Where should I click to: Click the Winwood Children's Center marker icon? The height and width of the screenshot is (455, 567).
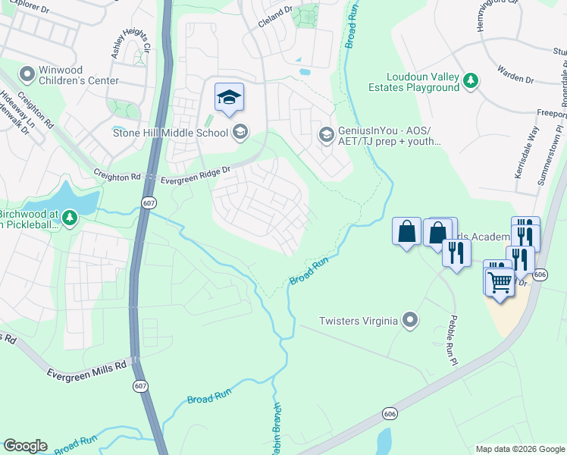click(x=28, y=74)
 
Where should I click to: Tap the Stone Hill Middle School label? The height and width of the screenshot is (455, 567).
click(x=170, y=133)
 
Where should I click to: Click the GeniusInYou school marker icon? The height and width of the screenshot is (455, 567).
click(x=326, y=134)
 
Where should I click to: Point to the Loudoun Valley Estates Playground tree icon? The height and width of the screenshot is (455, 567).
click(x=471, y=80)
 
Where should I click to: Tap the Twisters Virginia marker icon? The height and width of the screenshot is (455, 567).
click(x=410, y=320)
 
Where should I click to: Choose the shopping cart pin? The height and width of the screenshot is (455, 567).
click(x=500, y=281)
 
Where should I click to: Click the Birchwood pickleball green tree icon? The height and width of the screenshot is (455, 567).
click(x=70, y=219)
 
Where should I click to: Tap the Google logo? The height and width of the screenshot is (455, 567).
click(x=25, y=446)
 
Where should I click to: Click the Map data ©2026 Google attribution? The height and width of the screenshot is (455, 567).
click(x=519, y=449)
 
